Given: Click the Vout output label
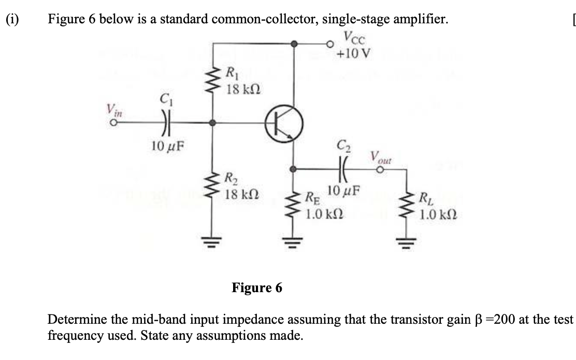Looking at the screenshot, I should tap(381, 157).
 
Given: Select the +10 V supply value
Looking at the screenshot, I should tap(353, 53).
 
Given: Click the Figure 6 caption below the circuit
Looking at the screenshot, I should tap(257, 287).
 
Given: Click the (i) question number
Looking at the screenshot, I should tap(11, 20).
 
